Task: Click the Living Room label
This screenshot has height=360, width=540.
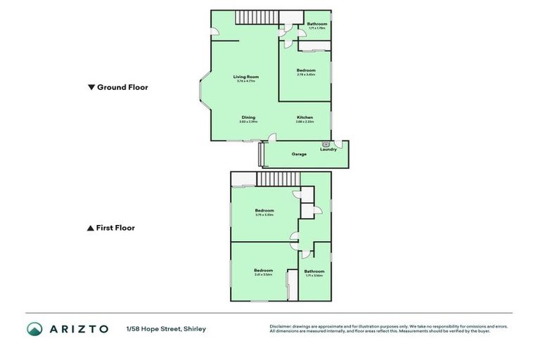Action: tap(247, 77)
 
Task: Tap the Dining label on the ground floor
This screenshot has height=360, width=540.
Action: tap(248, 117)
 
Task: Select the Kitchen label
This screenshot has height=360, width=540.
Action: tap(304, 117)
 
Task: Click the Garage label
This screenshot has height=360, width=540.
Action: tap(299, 154)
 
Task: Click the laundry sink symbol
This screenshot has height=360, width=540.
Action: tap(326, 143)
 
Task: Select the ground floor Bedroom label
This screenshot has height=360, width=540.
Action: tap(306, 70)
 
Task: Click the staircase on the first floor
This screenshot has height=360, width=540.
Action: tap(273, 179)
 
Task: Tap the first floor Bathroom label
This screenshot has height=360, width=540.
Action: tap(314, 271)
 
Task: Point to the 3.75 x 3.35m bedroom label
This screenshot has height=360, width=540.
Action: tap(264, 211)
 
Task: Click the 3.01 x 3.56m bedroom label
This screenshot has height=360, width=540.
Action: tap(264, 271)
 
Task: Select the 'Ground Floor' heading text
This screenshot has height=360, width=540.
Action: tap(122, 88)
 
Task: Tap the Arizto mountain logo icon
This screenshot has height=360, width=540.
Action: tap(34, 329)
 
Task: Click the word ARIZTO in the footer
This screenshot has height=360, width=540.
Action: tap(79, 329)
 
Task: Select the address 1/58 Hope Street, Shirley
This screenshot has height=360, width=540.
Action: tap(166, 329)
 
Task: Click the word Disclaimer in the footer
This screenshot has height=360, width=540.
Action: tap(281, 326)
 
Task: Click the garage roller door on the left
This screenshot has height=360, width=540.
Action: tap(262, 154)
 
